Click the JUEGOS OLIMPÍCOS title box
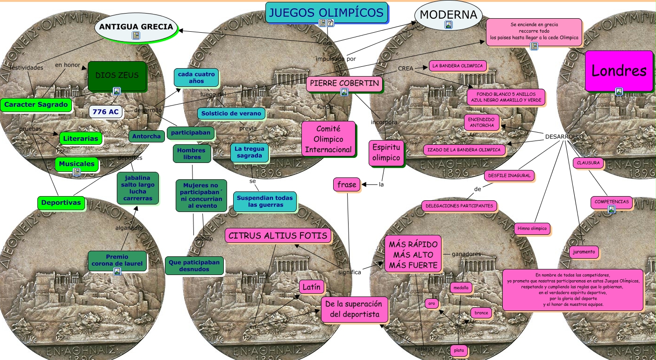tap(327, 12)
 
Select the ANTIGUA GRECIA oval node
tap(135, 27)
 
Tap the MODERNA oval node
tap(448, 15)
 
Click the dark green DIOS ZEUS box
tap(117, 76)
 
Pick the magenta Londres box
tap(619, 71)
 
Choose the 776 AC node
tap(106, 112)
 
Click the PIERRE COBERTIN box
tap(344, 84)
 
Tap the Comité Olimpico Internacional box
tap(328, 139)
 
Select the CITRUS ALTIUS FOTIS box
tap(278, 235)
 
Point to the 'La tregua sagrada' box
tap(250, 152)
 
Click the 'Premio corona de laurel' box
tap(117, 260)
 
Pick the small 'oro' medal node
tap(432, 304)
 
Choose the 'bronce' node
tap(481, 313)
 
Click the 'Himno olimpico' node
tap(532, 229)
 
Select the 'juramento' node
tap(584, 252)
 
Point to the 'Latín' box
tap(311, 287)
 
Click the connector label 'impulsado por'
tap(335, 59)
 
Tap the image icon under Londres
tap(619, 92)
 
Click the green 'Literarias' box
tap(80, 138)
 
